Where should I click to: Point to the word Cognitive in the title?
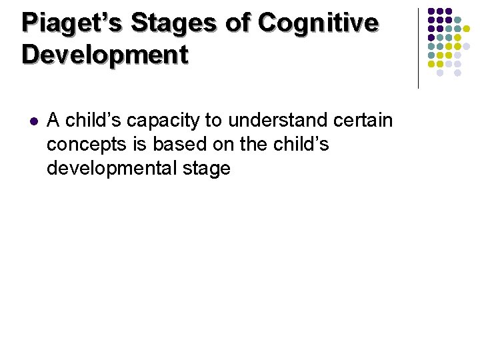(x=318, y=23)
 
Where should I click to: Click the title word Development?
(x=105, y=55)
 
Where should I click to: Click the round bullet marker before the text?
(x=35, y=122)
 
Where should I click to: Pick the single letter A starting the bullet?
(x=53, y=121)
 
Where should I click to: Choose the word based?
(x=177, y=145)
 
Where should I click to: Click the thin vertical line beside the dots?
(x=418, y=48)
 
